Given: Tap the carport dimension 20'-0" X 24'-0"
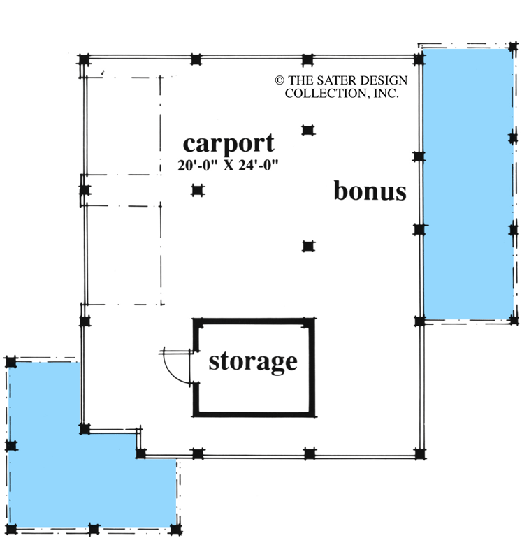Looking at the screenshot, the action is (x=228, y=165).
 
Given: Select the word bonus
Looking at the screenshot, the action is (x=370, y=191).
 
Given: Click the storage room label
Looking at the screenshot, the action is (x=253, y=363).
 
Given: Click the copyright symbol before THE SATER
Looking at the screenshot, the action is (x=280, y=80).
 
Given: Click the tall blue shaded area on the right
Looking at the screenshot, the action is (x=467, y=184).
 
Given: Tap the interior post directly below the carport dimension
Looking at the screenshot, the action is (x=198, y=190).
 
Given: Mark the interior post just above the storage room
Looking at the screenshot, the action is (x=308, y=247).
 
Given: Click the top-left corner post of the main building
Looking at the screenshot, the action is (x=84, y=59).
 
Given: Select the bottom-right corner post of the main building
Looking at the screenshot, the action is (x=420, y=453).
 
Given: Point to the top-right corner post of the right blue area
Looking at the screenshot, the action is (x=514, y=47).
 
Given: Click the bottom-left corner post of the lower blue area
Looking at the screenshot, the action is (x=10, y=530).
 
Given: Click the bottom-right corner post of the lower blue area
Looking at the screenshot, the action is (x=175, y=530).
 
